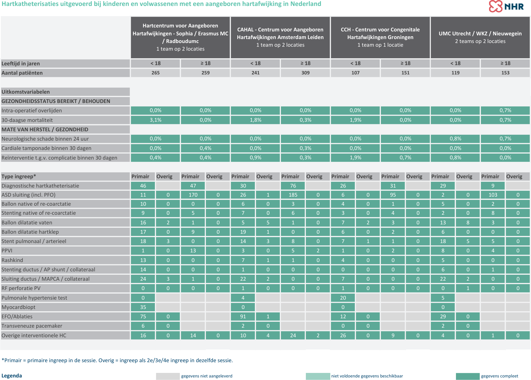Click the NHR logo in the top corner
pyautogui.click(x=506, y=6)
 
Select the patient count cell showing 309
pyautogui.click(x=305, y=73)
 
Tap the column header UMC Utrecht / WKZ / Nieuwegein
pyautogui.click(x=480, y=37)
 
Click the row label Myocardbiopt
pyautogui.click(x=19, y=307)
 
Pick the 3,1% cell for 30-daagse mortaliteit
pyautogui.click(x=155, y=120)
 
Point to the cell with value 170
pyautogui.click(x=193, y=195)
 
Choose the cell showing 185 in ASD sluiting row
pyautogui.click(x=293, y=195)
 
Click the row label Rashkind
pyautogui.click(x=12, y=260)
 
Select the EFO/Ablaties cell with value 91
pyautogui.click(x=243, y=316)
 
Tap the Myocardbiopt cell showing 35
pyautogui.click(x=143, y=307)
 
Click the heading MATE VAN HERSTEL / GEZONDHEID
pyautogui.click(x=45, y=129)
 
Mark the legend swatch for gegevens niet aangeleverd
pyautogui.click(x=168, y=376)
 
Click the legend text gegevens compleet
pyautogui.click(x=500, y=376)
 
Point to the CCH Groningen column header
pyautogui.click(x=380, y=37)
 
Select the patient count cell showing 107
pyautogui.click(x=355, y=73)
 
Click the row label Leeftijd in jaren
pyautogui.click(x=21, y=63)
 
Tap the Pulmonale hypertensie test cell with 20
pyautogui.click(x=343, y=298)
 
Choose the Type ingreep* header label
pyautogui.click(x=19, y=177)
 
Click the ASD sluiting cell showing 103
pyautogui.click(x=493, y=195)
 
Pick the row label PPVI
pyautogui.click(x=7, y=250)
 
